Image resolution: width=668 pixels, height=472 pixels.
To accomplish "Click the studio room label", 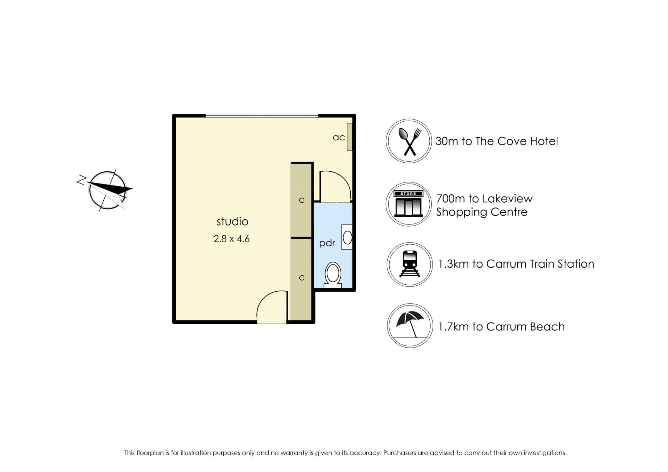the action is (232, 221).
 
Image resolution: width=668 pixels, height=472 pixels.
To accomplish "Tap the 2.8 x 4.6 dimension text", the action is (231, 239).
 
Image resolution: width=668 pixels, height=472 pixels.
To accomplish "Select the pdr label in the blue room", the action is (327, 243).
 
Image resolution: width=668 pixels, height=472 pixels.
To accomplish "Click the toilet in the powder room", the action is (333, 275).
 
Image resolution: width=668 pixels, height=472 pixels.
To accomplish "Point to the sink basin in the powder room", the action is (347, 237).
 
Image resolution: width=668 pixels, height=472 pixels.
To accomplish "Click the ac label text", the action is (339, 137).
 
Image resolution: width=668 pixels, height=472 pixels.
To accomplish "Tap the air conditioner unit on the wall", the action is (350, 137).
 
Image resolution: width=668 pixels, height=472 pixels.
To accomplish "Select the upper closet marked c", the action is (301, 200).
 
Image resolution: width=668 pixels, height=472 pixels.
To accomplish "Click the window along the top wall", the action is (262, 115).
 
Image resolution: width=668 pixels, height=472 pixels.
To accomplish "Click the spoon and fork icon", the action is (409, 141).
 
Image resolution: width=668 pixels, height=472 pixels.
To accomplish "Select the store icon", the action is (408, 204).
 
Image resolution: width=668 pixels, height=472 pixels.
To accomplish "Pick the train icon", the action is (409, 265).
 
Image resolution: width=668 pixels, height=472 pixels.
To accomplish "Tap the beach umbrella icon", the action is (410, 326).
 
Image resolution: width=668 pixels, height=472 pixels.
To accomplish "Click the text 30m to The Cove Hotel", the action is (496, 141).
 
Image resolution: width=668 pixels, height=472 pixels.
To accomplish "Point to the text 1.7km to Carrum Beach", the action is (501, 327).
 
